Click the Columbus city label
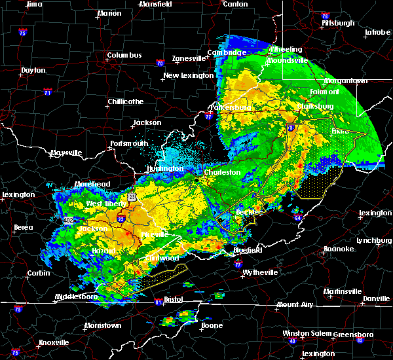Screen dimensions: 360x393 point(124,56)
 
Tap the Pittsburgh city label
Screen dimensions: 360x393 point(338,23)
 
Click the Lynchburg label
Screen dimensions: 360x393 point(374,240)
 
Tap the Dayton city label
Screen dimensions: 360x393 point(33,70)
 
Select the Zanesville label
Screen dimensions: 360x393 point(189,58)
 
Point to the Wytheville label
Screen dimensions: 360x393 point(260,272)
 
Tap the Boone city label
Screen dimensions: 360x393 point(211,325)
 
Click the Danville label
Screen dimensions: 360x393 point(376,298)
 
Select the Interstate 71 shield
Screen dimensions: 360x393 point(48,92)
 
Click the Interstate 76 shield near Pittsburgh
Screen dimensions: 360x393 point(325,14)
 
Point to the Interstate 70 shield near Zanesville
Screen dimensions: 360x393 point(160,63)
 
